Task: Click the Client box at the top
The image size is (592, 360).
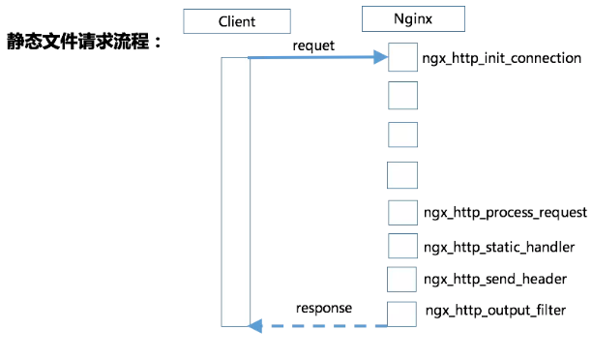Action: (237, 21)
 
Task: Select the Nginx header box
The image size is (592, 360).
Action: (413, 19)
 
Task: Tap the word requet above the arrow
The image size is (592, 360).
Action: (313, 45)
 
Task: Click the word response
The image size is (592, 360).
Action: (324, 309)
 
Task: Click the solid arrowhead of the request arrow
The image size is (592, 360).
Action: (380, 57)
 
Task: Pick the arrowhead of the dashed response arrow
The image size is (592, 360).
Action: (255, 325)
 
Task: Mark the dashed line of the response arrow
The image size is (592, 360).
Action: (325, 325)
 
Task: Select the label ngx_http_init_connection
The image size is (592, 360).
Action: (501, 58)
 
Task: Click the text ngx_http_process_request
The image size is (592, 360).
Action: (505, 212)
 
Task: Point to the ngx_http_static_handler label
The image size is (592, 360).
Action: (499, 247)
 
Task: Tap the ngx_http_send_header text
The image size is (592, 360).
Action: (495, 279)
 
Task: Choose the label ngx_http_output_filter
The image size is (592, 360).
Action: (495, 311)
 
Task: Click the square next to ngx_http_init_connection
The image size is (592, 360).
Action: (402, 57)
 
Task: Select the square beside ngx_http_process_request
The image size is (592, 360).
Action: (402, 213)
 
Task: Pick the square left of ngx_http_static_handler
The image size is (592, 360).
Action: (402, 246)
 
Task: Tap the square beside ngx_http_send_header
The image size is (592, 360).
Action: (401, 280)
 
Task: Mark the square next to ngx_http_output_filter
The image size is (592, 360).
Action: (401, 314)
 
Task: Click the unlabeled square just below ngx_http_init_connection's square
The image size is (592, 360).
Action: (402, 95)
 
